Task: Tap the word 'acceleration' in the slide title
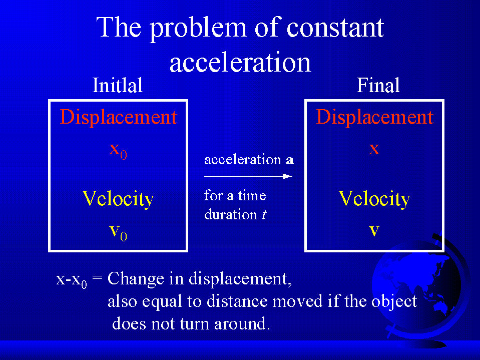(x=240, y=62)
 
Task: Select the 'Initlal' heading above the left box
(x=118, y=85)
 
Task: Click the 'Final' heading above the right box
(x=378, y=85)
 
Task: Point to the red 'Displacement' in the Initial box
(x=119, y=117)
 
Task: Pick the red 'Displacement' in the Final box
(x=375, y=117)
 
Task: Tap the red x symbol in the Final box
(x=374, y=149)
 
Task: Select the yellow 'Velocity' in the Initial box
(x=118, y=199)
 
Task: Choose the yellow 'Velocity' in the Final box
(x=374, y=199)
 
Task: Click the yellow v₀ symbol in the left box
(x=118, y=233)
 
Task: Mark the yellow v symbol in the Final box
(x=374, y=231)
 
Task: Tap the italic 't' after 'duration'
(x=264, y=214)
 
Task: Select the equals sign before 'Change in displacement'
(x=97, y=279)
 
